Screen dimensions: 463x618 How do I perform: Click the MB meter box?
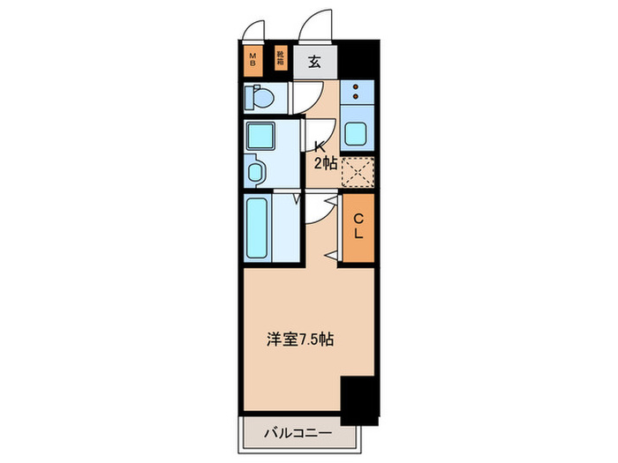pyautogui.click(x=252, y=61)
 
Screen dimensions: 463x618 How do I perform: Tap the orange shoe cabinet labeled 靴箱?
pyautogui.click(x=280, y=60)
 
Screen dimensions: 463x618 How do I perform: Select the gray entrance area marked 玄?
pyautogui.click(x=313, y=62)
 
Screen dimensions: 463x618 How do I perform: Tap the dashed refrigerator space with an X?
pyautogui.click(x=357, y=170)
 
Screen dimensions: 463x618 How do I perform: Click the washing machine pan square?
pyautogui.click(x=260, y=137)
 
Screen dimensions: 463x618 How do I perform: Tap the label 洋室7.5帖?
pyautogui.click(x=300, y=339)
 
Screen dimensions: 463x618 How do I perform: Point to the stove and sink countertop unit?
pyautogui.click(x=356, y=115)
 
